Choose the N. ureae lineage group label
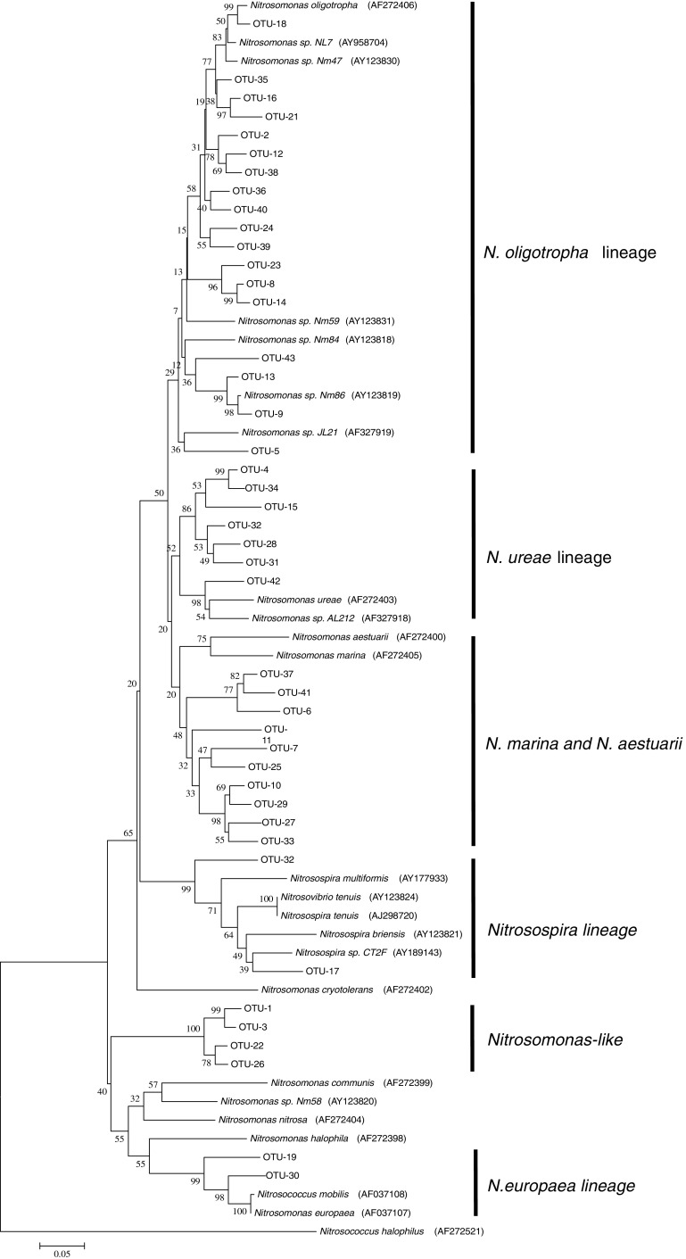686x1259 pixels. pos(549,559)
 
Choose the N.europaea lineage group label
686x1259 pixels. pos(560,1187)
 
